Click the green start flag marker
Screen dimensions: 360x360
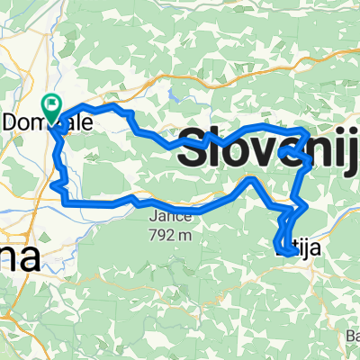(50, 108)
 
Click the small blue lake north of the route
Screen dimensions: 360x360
(171, 93)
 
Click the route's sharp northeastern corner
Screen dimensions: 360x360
(309, 134)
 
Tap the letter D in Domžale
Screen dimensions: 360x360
(13, 127)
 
